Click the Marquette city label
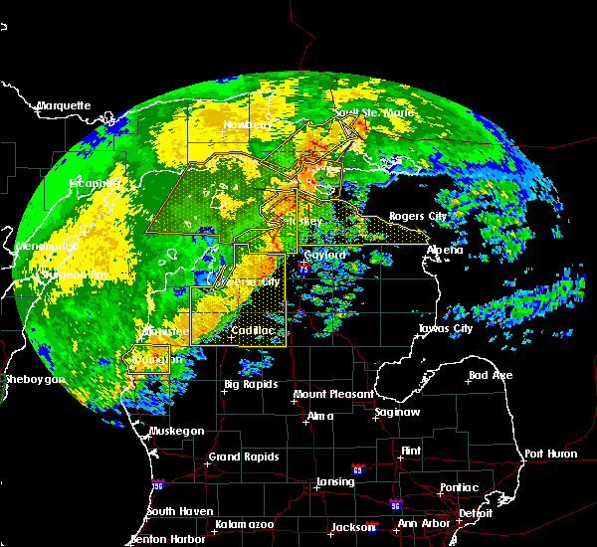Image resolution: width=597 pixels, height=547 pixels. [64, 105]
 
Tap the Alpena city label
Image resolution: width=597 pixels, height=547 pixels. [445, 250]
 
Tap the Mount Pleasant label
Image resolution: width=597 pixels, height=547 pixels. [325, 395]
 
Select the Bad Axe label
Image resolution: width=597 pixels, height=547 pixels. [490, 376]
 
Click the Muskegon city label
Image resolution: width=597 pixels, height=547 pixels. [176, 431]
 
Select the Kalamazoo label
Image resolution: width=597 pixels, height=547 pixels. [244, 524]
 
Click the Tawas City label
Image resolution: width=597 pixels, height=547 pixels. [445, 328]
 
